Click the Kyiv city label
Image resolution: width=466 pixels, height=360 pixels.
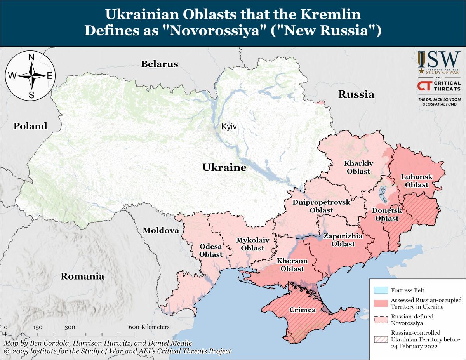pos(229,127)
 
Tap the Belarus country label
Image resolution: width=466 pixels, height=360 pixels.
pos(159,64)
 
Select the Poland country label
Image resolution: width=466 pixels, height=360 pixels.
pos(30,126)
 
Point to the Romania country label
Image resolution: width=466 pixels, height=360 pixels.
pos(82,277)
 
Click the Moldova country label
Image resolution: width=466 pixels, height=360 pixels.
pos(161,230)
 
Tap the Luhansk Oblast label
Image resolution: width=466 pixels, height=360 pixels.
pos(416,181)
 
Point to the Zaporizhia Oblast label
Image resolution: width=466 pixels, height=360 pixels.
pos(343,240)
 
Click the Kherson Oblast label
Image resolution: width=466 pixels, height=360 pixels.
pos(292,264)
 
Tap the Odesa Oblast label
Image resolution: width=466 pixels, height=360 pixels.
pos(211,250)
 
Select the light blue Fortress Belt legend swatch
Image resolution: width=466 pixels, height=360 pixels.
pos(381,290)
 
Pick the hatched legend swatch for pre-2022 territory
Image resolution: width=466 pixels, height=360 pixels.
pos(381,339)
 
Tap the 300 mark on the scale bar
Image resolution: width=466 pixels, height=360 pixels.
pos(70,327)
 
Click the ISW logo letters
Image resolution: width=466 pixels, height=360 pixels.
pos(439,60)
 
